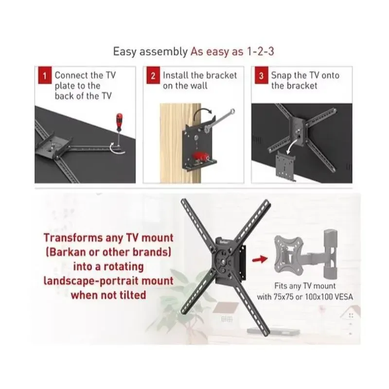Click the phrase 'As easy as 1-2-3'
[232, 51]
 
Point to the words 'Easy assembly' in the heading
[150, 51]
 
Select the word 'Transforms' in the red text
[72, 238]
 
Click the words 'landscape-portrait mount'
[108, 281]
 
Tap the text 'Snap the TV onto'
[305, 75]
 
